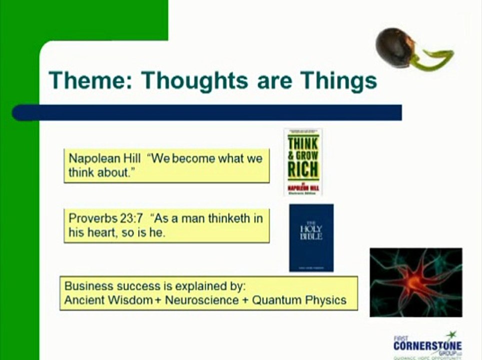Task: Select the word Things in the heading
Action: tap(338, 80)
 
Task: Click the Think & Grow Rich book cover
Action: tap(303, 161)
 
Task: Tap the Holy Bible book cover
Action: tap(311, 237)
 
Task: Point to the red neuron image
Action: tap(415, 282)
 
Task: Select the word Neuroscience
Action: tap(201, 300)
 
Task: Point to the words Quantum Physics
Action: tap(299, 300)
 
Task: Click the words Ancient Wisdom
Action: tap(108, 300)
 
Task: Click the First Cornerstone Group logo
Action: tap(427, 345)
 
